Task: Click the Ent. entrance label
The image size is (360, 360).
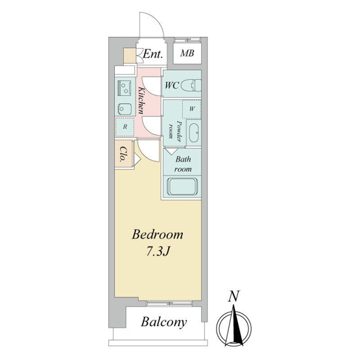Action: [x=152, y=54]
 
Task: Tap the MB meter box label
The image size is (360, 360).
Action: [x=187, y=53]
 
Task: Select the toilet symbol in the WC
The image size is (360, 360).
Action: [x=191, y=86]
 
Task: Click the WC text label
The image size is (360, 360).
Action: [x=172, y=86]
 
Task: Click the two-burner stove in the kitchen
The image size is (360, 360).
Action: [x=124, y=88]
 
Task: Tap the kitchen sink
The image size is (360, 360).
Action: [x=125, y=109]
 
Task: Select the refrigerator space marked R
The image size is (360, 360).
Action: [x=125, y=126]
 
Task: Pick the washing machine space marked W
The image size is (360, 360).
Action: [x=192, y=109]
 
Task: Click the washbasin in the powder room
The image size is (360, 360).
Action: [x=194, y=133]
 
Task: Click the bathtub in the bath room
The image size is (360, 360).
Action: [x=182, y=187]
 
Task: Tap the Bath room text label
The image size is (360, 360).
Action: [x=183, y=164]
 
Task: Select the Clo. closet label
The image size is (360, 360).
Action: [x=124, y=154]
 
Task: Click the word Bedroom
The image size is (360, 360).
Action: [x=158, y=235]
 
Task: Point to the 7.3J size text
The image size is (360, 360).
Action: [x=158, y=252]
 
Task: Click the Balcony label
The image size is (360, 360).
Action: [x=163, y=322]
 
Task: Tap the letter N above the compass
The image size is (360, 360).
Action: [x=234, y=296]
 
